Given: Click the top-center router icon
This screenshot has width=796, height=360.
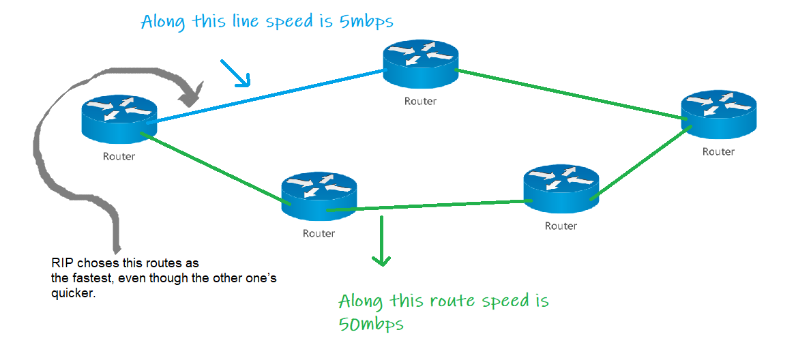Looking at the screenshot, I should pyautogui.click(x=419, y=65).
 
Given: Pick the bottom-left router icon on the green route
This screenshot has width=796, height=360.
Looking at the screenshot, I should pyautogui.click(x=319, y=196).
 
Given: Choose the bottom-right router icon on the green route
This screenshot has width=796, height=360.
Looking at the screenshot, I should pyautogui.click(x=561, y=190).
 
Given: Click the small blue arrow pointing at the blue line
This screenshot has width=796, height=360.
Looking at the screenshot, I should pyautogui.click(x=235, y=74).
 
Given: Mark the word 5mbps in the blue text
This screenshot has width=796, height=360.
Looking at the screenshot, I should pyautogui.click(x=367, y=21).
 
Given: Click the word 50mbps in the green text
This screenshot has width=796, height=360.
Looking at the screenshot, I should pyautogui.click(x=371, y=324).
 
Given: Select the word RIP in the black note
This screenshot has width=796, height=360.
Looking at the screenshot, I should pyautogui.click(x=60, y=262).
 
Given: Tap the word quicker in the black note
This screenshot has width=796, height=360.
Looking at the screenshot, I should pyautogui.click(x=71, y=294).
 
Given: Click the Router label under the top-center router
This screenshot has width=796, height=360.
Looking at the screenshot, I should pyautogui.click(x=420, y=102).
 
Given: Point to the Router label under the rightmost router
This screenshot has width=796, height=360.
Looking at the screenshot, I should pyautogui.click(x=718, y=151).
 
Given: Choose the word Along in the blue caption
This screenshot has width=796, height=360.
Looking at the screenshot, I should pyautogui.click(x=163, y=22).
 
